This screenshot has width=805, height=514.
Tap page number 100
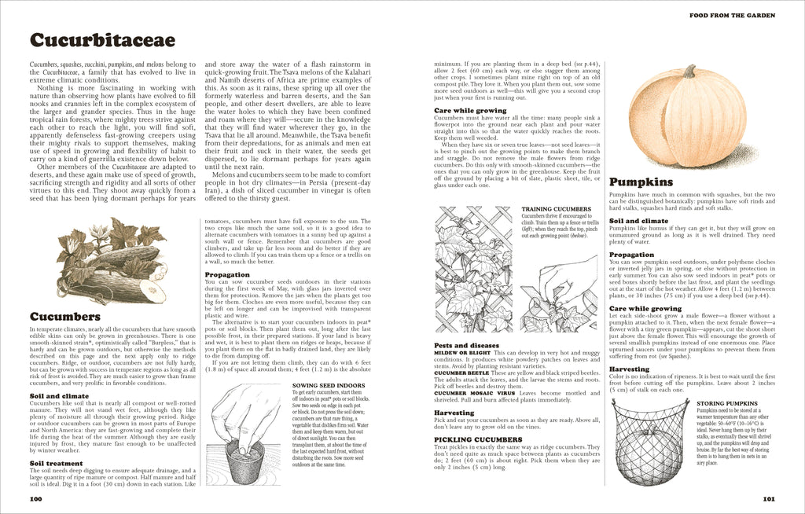35,499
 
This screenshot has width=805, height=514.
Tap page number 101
770,499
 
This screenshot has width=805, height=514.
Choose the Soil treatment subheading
58,464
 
